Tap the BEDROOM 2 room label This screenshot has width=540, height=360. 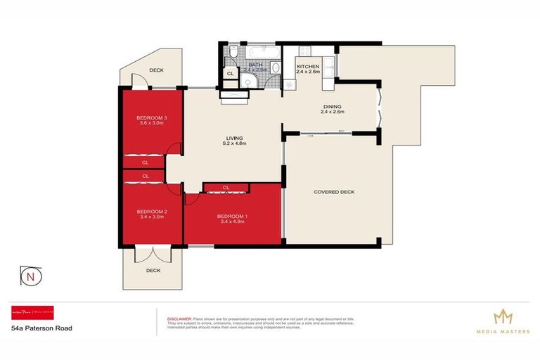tap(150, 212)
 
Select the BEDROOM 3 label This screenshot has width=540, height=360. tap(150, 117)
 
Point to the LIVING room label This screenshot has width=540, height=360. tap(235, 139)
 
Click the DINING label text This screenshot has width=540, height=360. tap(332, 106)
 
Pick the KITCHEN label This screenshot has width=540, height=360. tap(308, 66)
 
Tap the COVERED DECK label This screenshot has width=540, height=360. tap(331, 192)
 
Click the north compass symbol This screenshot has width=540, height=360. tap(30, 277)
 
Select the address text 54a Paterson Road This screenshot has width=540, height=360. tap(41, 328)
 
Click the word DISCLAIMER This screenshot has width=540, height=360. tap(179, 318)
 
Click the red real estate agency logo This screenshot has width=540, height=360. tap(34, 313)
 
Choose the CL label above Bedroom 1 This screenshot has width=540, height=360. tap(226, 188)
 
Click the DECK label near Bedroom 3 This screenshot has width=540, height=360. tap(157, 70)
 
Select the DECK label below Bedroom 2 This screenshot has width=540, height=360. tap(153, 270)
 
